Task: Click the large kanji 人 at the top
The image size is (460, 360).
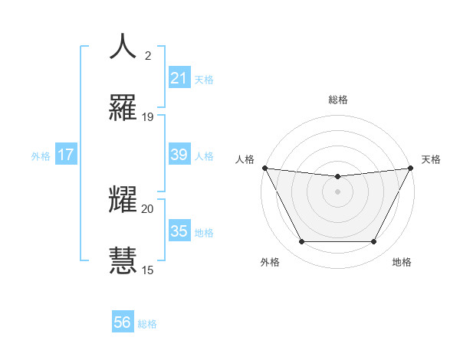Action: pyautogui.click(x=123, y=47)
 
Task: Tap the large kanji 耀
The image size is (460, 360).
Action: pyautogui.click(x=123, y=200)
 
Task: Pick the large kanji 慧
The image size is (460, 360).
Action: pyautogui.click(x=123, y=261)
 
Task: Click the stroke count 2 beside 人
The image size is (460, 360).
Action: pyautogui.click(x=147, y=55)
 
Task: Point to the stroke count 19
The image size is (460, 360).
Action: pyautogui.click(x=148, y=117)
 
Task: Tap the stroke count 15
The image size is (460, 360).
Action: pyautogui.click(x=148, y=270)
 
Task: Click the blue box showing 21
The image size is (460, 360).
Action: pyautogui.click(x=179, y=78)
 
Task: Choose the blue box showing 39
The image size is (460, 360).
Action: pyautogui.click(x=179, y=155)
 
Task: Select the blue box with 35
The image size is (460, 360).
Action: pyautogui.click(x=179, y=231)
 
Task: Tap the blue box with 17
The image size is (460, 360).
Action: pyautogui.click(x=66, y=155)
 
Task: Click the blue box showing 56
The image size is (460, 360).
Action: pyautogui.click(x=123, y=323)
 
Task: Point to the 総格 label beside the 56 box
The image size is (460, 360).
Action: pyautogui.click(x=147, y=324)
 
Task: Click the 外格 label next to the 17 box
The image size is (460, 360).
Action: pyautogui.click(x=41, y=155)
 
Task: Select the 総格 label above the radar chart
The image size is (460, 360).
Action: pyautogui.click(x=338, y=100)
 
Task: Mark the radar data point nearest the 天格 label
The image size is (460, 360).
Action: pyautogui.click(x=412, y=168)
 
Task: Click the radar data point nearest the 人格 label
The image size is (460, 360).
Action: pyautogui.click(x=264, y=168)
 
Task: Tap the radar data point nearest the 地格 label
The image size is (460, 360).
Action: pyautogui.click(x=374, y=242)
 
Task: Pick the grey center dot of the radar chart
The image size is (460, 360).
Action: pyautogui.click(x=338, y=191)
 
